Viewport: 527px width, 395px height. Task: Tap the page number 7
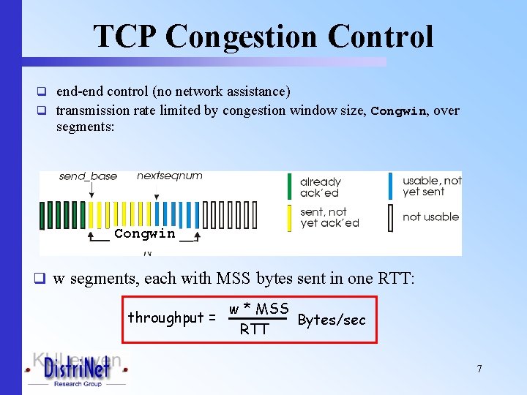pyautogui.click(x=479, y=369)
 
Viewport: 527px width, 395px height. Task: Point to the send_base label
pyautogui.click(x=88, y=176)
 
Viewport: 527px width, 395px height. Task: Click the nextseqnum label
pyautogui.click(x=170, y=176)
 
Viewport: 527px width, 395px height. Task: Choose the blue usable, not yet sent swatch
pyautogui.click(x=392, y=186)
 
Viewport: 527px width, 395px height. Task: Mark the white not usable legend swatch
pyautogui.click(x=392, y=217)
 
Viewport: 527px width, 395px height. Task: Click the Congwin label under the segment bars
pyautogui.click(x=144, y=234)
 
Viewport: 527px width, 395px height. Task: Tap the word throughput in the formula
pyautogui.click(x=166, y=317)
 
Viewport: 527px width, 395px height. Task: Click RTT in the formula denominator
pyautogui.click(x=254, y=330)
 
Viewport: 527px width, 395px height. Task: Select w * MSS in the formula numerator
pyautogui.click(x=258, y=309)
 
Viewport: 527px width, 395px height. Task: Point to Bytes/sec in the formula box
pyautogui.click(x=332, y=320)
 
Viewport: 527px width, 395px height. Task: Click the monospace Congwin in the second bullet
pyautogui.click(x=398, y=111)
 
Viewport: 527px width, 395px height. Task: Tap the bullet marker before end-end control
pyautogui.click(x=42, y=92)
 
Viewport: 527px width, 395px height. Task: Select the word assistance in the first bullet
pyautogui.click(x=258, y=91)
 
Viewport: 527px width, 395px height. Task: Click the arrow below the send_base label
pyautogui.click(x=90, y=190)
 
